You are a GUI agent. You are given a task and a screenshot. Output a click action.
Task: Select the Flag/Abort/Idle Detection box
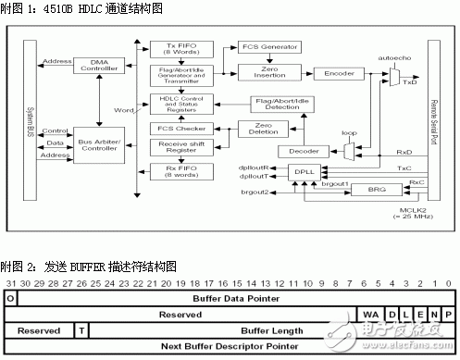click(288, 104)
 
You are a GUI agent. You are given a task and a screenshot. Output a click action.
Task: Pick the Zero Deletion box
click(264, 127)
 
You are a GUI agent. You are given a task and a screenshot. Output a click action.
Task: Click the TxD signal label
click(409, 82)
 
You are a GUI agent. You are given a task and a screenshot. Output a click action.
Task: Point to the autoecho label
click(395, 57)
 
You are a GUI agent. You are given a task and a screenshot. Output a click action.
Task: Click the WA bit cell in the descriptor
click(370, 316)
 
